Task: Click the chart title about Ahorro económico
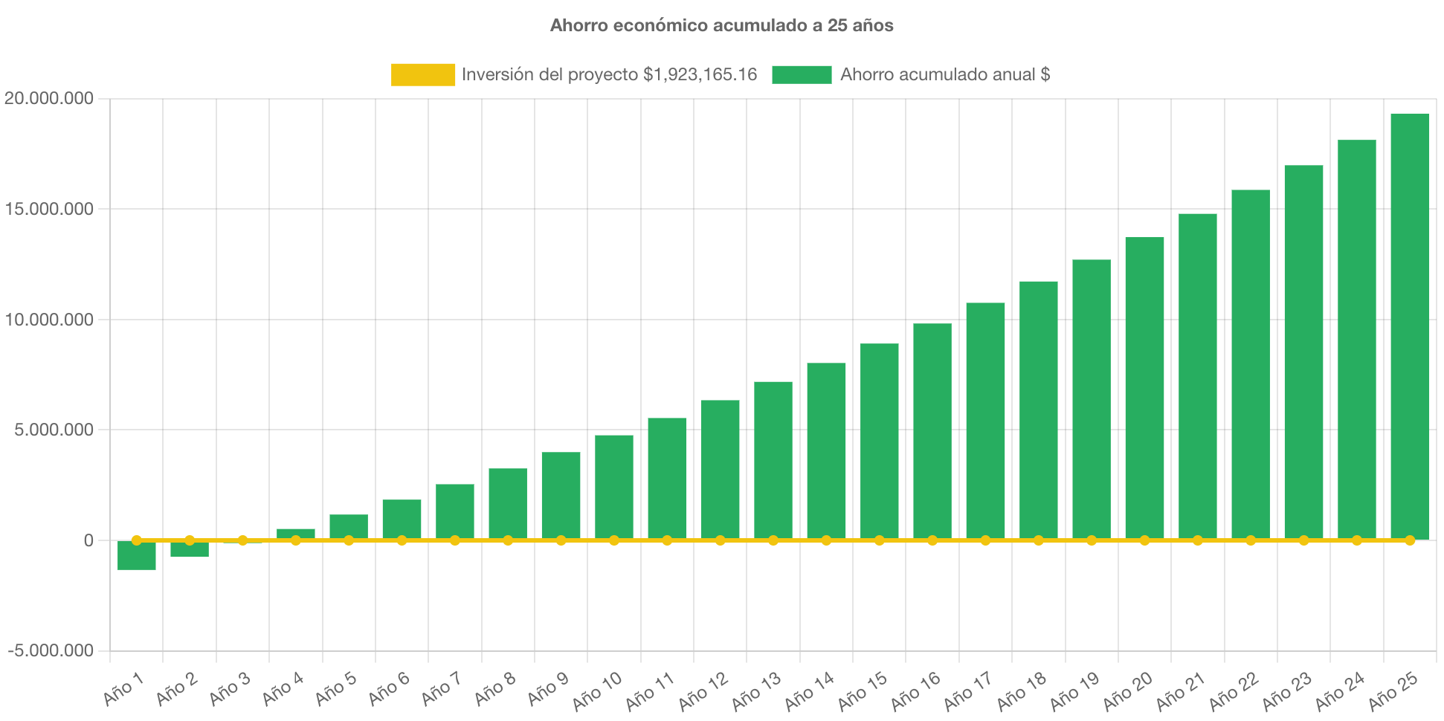click(x=721, y=25)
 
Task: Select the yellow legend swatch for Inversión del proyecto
click(x=422, y=74)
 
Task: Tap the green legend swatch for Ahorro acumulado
click(x=802, y=74)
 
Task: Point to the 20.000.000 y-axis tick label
click(x=49, y=98)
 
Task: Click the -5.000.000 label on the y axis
click(x=51, y=650)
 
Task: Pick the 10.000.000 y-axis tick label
click(x=49, y=320)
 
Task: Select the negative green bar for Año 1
click(x=137, y=556)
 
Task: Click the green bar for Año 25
click(x=1410, y=327)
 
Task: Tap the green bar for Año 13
click(x=773, y=461)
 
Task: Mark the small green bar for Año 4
click(x=296, y=533)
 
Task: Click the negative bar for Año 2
click(x=190, y=549)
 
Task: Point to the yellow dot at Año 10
click(x=614, y=540)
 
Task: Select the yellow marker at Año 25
click(x=1410, y=540)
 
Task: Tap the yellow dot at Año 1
click(x=137, y=540)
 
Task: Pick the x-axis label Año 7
click(x=442, y=688)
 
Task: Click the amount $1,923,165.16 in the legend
click(x=700, y=74)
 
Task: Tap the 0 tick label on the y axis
click(x=88, y=540)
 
